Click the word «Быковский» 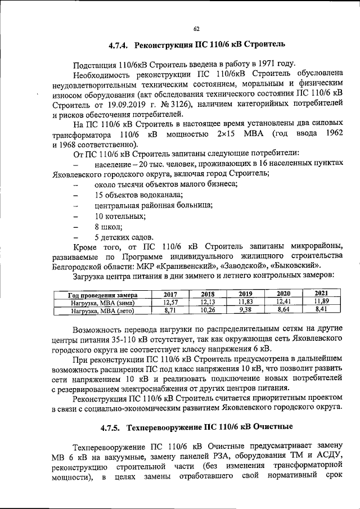296,265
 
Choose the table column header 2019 245,294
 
